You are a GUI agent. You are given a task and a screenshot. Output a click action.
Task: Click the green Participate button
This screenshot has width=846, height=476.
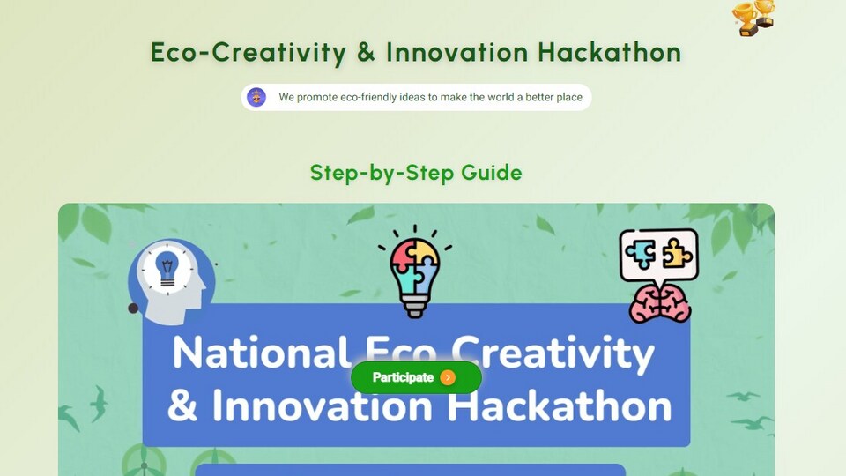[x=416, y=377]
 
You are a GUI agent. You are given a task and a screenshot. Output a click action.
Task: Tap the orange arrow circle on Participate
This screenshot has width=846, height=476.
[x=448, y=377]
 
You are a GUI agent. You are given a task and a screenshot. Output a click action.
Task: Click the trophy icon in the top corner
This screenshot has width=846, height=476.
[x=753, y=18]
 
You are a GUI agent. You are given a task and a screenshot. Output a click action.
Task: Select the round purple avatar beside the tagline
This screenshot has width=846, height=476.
[x=256, y=97]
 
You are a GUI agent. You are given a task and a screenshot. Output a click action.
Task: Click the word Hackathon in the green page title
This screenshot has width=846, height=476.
[x=610, y=52]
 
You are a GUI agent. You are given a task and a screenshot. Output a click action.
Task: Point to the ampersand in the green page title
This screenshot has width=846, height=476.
[x=366, y=52]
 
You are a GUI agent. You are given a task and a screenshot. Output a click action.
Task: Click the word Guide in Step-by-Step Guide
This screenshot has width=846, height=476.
[x=492, y=173]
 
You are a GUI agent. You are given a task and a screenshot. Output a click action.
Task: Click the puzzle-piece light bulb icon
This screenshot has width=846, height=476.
[x=415, y=271]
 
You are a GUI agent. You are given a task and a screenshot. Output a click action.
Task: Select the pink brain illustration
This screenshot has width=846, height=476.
[x=660, y=304]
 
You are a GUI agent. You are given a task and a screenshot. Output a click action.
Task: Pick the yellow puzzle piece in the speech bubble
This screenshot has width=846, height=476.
[x=677, y=254]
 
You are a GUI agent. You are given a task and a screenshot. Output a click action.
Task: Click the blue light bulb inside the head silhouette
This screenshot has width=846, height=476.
[x=167, y=268]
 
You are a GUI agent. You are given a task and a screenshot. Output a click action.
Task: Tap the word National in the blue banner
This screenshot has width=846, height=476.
[x=260, y=352]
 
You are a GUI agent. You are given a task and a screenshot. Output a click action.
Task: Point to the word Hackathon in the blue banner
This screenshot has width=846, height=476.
[x=560, y=405]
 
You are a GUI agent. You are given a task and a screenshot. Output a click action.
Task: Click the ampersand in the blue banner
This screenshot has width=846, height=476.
[x=182, y=405]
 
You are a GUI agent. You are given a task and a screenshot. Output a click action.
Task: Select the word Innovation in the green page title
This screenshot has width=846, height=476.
[x=457, y=52]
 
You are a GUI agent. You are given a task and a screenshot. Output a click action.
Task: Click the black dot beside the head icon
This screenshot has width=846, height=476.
[x=133, y=309]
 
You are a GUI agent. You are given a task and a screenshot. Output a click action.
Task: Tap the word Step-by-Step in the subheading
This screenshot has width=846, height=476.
[x=382, y=174]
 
